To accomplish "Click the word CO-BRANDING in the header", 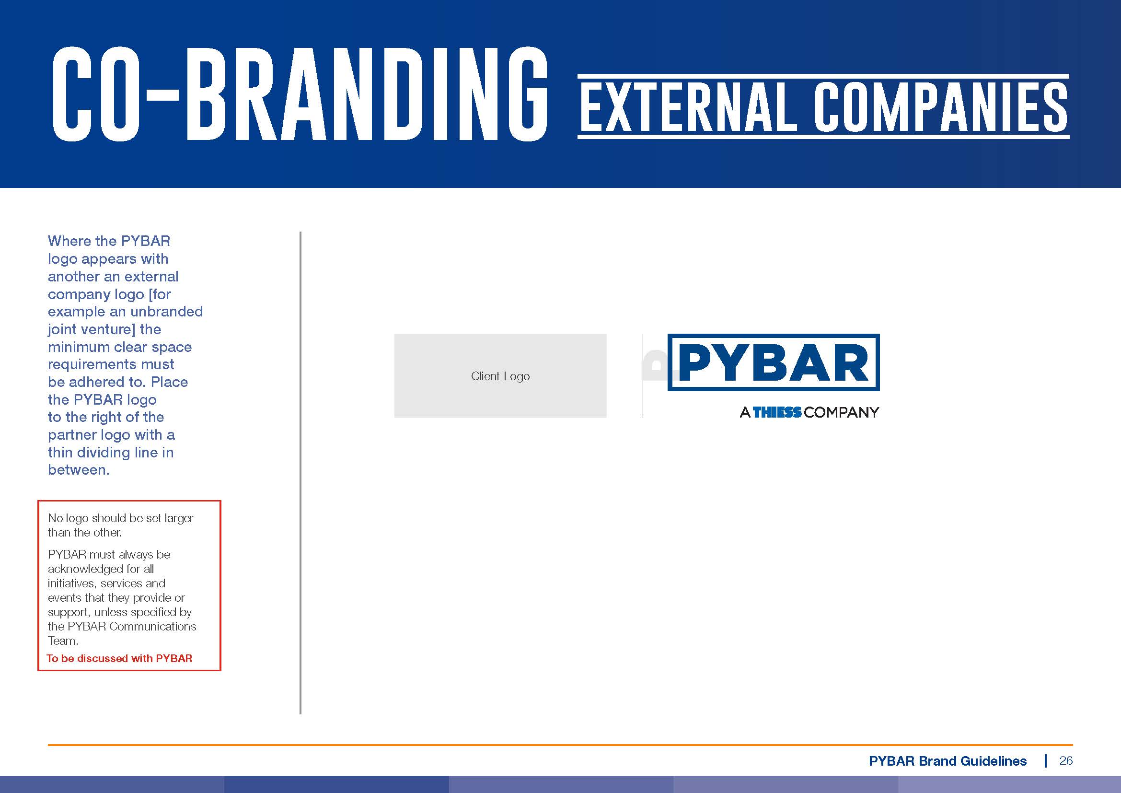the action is coord(300,94).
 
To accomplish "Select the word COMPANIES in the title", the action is coord(940,107).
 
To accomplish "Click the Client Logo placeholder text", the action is coord(500,376).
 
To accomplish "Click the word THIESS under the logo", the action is coord(777,413).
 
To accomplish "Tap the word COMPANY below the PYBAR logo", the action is coord(841,413).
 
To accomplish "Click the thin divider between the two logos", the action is coord(643,375).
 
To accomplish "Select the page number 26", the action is coord(1066,760).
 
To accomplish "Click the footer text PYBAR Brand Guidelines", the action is coord(948,761).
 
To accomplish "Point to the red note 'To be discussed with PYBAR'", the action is coord(120,658).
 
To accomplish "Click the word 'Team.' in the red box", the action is coord(63,641).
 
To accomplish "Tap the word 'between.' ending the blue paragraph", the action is coord(79,470).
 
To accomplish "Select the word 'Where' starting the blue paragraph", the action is coord(69,241).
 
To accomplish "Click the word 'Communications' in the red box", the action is coord(152,627).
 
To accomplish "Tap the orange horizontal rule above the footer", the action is coord(560,745).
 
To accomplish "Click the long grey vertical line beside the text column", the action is coord(300,473).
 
